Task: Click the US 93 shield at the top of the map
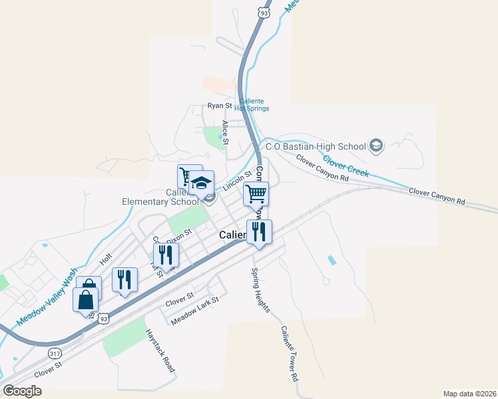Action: (x=265, y=12)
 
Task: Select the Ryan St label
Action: (x=219, y=106)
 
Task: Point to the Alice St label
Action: (x=226, y=133)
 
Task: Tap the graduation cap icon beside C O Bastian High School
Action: (x=376, y=146)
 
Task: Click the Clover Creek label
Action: (x=346, y=166)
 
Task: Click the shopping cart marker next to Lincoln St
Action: (x=256, y=194)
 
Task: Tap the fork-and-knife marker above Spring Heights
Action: (x=258, y=232)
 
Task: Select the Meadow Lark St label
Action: (x=194, y=311)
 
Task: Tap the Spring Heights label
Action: (x=260, y=290)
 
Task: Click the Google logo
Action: (x=22, y=391)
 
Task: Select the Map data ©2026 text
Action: (x=469, y=393)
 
